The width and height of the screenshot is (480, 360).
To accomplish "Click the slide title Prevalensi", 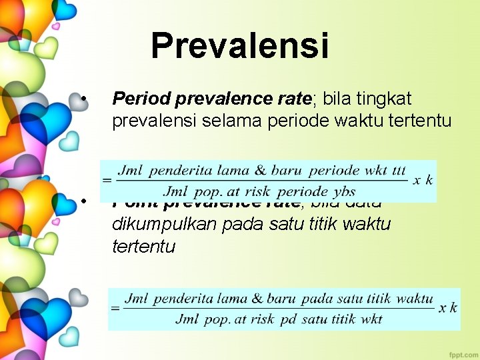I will (x=240, y=46).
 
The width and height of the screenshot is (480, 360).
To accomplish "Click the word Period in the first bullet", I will (x=140, y=99).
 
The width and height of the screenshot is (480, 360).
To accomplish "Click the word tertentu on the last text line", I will (x=144, y=247).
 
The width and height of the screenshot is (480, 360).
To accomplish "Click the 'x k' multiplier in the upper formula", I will (x=423, y=180).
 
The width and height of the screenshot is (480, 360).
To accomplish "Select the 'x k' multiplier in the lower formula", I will (x=448, y=308).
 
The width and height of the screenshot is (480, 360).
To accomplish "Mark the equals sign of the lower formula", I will (x=115, y=309).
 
